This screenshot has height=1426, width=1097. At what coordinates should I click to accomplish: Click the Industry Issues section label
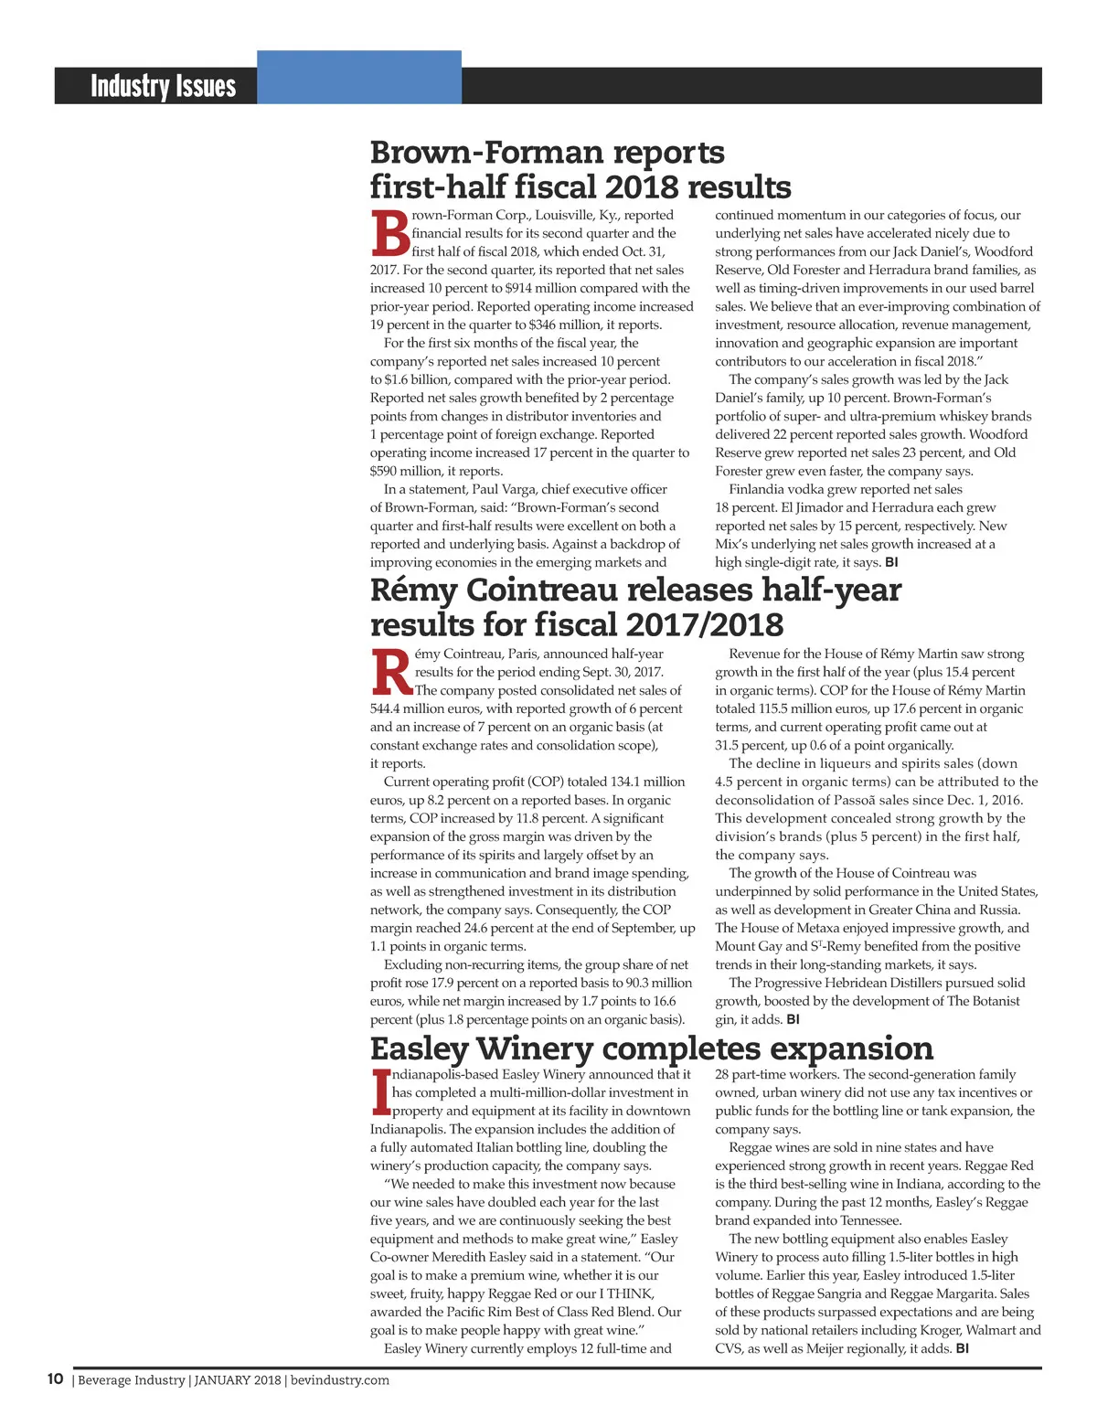pyautogui.click(x=163, y=86)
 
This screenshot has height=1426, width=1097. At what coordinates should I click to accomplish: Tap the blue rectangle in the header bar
pyautogui.click(x=358, y=77)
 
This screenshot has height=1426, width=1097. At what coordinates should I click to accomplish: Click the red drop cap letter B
pyautogui.click(x=389, y=234)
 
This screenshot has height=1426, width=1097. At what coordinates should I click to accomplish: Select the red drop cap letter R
pyautogui.click(x=392, y=673)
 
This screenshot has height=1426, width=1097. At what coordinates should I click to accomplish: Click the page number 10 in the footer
pyautogui.click(x=56, y=1379)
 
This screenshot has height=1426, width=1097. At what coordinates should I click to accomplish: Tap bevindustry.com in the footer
pyautogui.click(x=340, y=1380)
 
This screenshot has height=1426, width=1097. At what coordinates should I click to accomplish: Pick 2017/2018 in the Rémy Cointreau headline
pyautogui.click(x=704, y=625)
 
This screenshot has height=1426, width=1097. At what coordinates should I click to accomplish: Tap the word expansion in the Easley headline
pyautogui.click(x=851, y=1048)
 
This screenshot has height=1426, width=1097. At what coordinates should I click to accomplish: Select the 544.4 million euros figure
pyautogui.click(x=425, y=708)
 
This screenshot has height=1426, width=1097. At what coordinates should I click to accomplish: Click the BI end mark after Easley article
pyautogui.click(x=962, y=1348)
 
